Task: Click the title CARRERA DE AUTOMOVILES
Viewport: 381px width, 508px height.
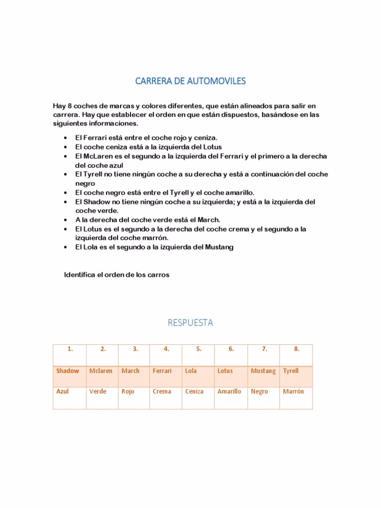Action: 190,81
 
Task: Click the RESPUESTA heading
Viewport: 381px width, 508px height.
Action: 190,323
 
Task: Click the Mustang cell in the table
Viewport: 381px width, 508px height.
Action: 263,371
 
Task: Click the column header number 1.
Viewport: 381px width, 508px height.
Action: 70,349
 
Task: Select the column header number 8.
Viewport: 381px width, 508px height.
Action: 297,349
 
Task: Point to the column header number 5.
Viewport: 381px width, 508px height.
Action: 198,349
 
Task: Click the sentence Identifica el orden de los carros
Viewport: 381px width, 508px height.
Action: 117,275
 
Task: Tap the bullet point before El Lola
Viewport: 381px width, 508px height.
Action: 66,247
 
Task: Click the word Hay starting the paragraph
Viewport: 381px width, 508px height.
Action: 59,106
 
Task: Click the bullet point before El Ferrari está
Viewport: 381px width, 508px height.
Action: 66,137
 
